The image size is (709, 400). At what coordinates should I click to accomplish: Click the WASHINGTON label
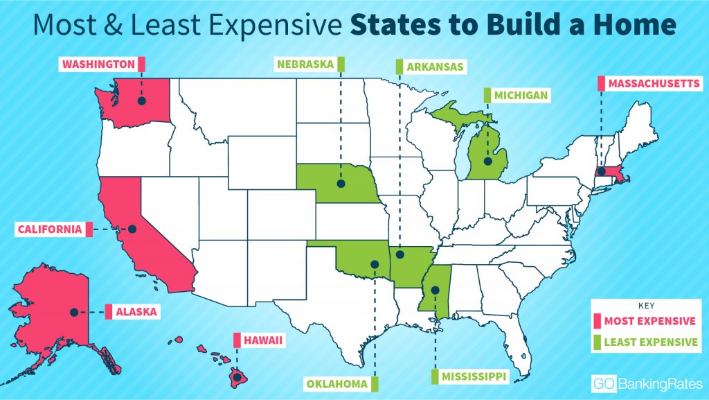pos(98,64)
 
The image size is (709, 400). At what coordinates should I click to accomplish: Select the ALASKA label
pos(136,313)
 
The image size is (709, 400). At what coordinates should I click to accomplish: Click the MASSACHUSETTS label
pos(654,84)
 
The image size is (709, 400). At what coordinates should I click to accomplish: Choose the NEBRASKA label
pos(305,64)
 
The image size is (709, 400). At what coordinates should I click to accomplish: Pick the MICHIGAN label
pos(521,94)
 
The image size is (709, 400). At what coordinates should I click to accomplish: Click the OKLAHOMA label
pos(336,382)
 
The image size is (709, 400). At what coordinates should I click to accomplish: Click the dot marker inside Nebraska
pos(341,184)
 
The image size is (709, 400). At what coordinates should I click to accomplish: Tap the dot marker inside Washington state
pos(141,101)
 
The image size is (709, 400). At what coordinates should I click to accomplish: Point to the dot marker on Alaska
pos(73,313)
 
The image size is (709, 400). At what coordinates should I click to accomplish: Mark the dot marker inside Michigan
pos(487,162)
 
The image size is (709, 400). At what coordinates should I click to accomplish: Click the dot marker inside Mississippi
pos(435,290)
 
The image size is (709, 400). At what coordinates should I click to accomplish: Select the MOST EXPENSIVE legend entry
pos(649,321)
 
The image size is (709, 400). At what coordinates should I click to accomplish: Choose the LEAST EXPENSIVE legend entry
pos(651,342)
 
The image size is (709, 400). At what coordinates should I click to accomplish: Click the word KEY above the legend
pos(645,305)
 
